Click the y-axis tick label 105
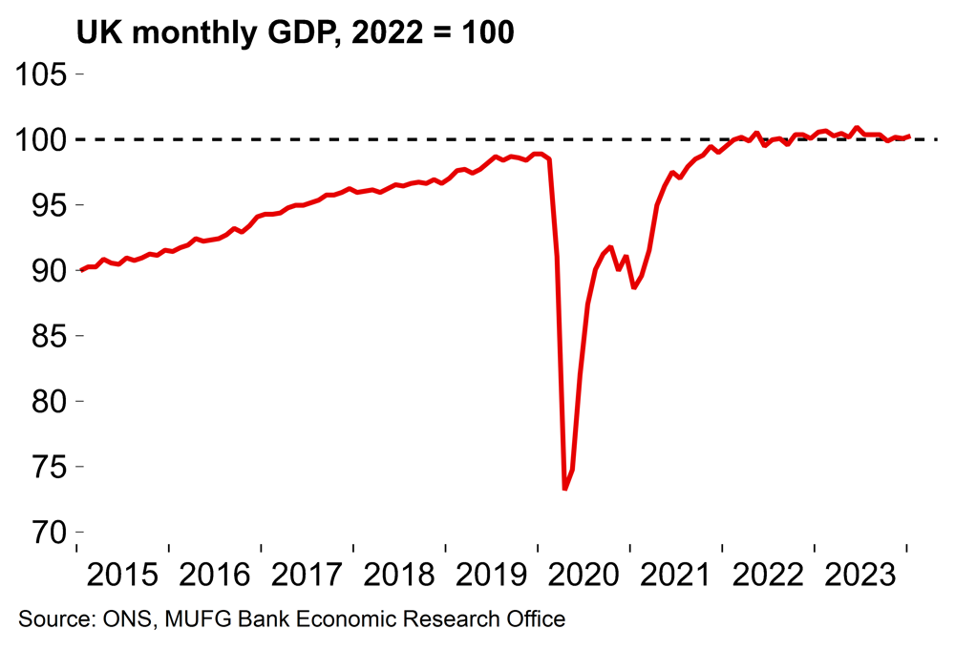point(42,74)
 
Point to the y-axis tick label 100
point(42,140)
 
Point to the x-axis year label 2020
point(584,576)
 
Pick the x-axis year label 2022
point(769,576)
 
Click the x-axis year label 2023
point(860,576)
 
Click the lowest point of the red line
point(565,490)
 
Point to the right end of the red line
point(908,136)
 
